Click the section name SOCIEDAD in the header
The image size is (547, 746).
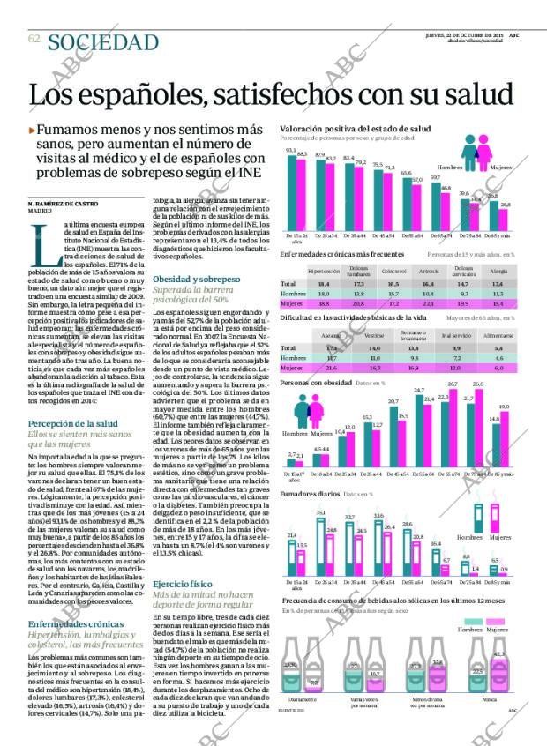click(x=103, y=42)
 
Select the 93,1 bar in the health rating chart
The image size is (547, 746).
click(x=290, y=193)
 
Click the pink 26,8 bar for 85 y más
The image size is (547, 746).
click(x=506, y=220)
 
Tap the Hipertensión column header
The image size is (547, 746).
click(x=324, y=271)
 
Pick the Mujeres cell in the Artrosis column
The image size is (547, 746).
click(x=429, y=302)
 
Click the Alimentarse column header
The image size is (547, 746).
click(x=498, y=337)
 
